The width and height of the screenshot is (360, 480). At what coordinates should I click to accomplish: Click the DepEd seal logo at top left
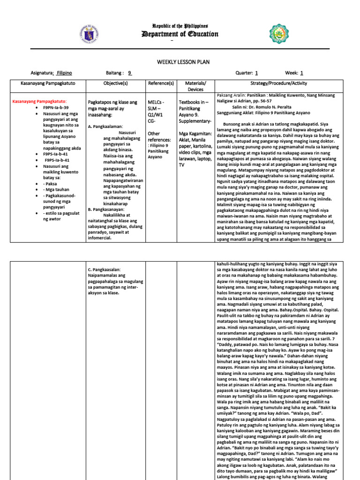pyautogui.click(x=89, y=34)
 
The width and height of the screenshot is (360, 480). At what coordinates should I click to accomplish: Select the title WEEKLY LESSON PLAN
pyautogui.click(x=180, y=62)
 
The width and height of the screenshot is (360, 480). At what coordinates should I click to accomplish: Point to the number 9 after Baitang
pyautogui.click(x=130, y=73)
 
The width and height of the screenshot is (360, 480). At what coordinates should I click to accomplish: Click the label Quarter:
pyautogui.click(x=244, y=73)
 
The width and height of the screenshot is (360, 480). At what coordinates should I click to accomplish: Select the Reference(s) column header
pyautogui.click(x=161, y=83)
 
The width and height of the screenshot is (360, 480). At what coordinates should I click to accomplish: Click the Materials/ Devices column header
pyautogui.click(x=195, y=86)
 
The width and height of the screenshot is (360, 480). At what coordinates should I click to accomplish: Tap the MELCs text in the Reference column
pyautogui.click(x=155, y=102)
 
